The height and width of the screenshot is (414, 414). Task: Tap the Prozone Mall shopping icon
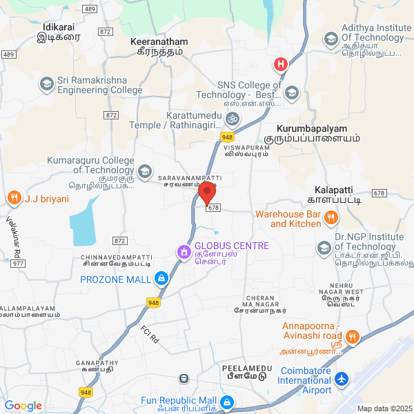[161, 279]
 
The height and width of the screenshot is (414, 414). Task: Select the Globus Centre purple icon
[184, 252]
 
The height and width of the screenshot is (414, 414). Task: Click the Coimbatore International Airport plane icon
[342, 379]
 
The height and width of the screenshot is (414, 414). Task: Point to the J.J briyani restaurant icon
[13, 199]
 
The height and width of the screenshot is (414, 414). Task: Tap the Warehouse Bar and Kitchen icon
[331, 219]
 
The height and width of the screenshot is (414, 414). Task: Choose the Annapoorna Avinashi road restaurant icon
[352, 337]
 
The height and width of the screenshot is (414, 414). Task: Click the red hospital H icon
[281, 65]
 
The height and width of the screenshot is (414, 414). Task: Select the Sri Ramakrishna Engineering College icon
[47, 84]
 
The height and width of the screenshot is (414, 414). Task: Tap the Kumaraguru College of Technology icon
[145, 170]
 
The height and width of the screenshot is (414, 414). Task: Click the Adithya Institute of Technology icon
[332, 38]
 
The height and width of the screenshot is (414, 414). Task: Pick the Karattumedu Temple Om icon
[233, 119]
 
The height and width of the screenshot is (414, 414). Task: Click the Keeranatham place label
[159, 42]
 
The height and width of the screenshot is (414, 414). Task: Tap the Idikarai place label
[61, 26]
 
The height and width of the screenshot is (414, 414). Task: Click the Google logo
[23, 406]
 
